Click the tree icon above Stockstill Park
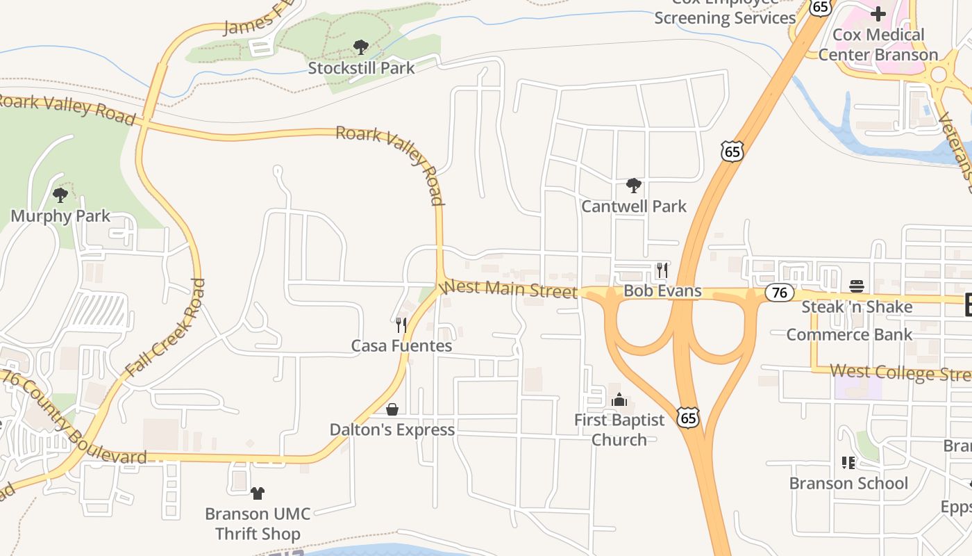[x=360, y=47]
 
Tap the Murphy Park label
[x=60, y=216]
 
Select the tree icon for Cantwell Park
[x=633, y=186]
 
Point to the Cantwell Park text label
[x=633, y=206]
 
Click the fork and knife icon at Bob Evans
[x=662, y=270]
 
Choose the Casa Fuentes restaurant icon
[x=401, y=325]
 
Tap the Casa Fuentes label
[x=401, y=345]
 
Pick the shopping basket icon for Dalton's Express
[x=392, y=409]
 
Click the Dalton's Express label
[x=392, y=430]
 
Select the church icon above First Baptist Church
[x=619, y=399]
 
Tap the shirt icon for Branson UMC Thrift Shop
[x=258, y=493]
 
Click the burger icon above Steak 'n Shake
[x=857, y=286]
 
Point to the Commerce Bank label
[x=849, y=334]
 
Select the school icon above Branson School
[x=848, y=462]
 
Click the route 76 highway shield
[x=780, y=293]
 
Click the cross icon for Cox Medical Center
[x=878, y=13]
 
